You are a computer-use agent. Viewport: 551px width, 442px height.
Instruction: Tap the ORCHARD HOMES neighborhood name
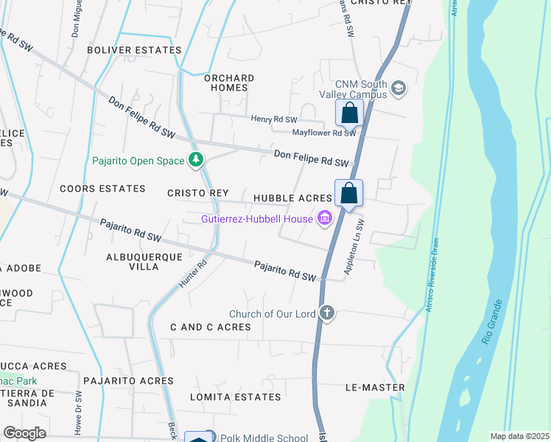coord(229,83)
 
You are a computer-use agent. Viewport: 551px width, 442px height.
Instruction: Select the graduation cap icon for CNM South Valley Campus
coord(399,88)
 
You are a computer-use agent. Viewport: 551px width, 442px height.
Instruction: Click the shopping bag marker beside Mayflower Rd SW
coord(349,113)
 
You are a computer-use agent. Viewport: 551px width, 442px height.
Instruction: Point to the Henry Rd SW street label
coord(273,119)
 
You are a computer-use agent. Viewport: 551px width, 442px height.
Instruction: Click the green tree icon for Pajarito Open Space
coord(196,160)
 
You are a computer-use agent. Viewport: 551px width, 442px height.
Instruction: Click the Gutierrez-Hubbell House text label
coord(258,219)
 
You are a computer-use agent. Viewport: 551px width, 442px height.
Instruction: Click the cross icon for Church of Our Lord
coord(327,314)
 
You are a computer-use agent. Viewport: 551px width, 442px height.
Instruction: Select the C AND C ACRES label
coord(211,326)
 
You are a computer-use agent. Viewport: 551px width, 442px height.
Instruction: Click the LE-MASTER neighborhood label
coord(375,387)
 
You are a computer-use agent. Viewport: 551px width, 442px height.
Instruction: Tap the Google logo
coord(24,433)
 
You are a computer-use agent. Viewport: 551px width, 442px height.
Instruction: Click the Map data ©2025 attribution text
coord(519,435)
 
